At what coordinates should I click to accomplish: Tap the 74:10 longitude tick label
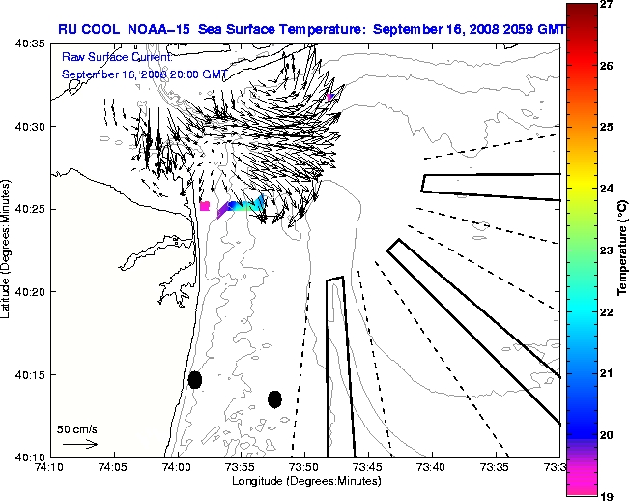point(50,467)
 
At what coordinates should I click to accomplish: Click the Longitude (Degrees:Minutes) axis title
point(303,481)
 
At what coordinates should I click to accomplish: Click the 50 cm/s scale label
point(77,428)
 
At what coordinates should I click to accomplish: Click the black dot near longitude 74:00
point(195,379)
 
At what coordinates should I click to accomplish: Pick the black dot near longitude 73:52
point(274,398)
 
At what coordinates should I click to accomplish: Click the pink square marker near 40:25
point(205,205)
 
